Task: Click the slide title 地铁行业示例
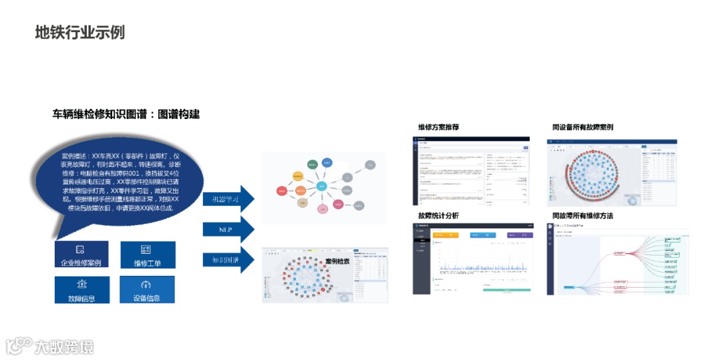coord(79,32)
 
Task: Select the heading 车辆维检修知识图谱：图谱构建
coord(126,114)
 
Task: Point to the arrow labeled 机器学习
coord(227,199)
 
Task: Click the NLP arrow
coord(227,229)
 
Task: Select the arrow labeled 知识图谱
coord(227,258)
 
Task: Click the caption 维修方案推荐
coord(438,127)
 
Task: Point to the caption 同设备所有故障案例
coord(582,127)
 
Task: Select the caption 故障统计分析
coord(438,216)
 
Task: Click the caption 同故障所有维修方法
coord(582,216)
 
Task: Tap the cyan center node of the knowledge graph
coord(322,187)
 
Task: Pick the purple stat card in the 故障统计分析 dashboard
coord(520,235)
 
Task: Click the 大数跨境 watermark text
coord(64,347)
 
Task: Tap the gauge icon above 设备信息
coord(147,284)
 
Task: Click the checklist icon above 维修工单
coord(147,248)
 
